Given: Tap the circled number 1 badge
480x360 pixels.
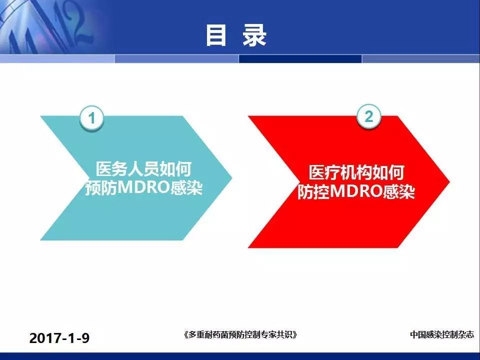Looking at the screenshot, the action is pos(91,118).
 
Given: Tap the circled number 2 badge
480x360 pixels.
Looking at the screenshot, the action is pos(369,116).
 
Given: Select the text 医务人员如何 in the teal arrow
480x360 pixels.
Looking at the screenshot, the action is pos(143,168).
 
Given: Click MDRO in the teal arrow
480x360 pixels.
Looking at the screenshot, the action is pos(143,187).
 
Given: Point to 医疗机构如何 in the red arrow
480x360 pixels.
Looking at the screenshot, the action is pos(356,172).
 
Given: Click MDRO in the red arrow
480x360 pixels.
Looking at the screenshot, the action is pos(356,191).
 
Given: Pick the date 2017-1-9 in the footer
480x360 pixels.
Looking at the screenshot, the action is pos(59,338).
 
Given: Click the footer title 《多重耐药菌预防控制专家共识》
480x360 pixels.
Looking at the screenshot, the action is pos(240,334).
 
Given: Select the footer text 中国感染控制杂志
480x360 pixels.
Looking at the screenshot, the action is pos(441,334).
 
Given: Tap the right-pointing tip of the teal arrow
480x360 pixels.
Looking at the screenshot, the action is pos(231,177).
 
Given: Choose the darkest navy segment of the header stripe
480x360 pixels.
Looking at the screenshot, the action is pos(300,59).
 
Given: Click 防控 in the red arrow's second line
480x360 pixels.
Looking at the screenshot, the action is pos(313,191).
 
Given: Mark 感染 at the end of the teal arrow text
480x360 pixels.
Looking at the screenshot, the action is pos(186,187).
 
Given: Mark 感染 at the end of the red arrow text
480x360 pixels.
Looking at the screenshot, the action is pos(399,191).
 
